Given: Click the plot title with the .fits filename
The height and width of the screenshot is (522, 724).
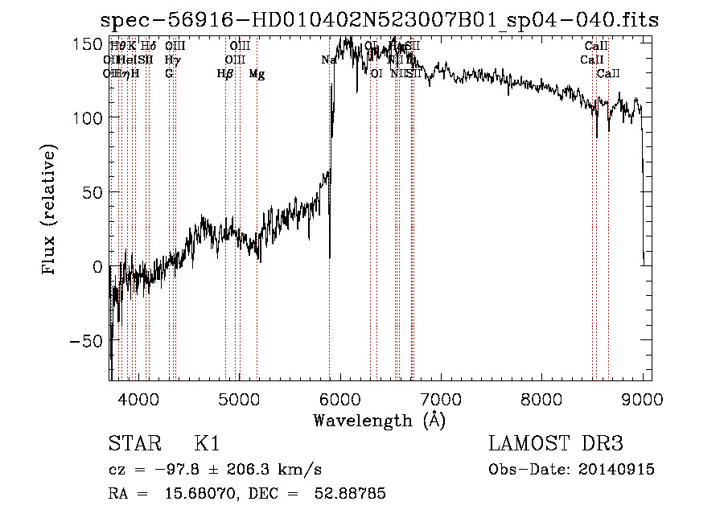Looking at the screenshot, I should [x=379, y=20].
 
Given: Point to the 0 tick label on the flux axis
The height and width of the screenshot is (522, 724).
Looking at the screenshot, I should [x=97, y=266].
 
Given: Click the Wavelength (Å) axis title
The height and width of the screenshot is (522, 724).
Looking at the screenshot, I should [x=379, y=419].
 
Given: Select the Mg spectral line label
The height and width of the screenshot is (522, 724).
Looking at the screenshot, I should [x=257, y=74].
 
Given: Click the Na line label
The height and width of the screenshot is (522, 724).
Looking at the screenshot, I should [x=328, y=60].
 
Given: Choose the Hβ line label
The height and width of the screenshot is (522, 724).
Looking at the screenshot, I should [x=225, y=74].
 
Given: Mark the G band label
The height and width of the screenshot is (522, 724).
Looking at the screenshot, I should [x=169, y=74].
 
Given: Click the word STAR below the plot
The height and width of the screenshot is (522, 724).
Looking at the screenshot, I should [x=133, y=444].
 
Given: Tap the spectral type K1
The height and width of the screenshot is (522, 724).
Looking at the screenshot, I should [x=207, y=444].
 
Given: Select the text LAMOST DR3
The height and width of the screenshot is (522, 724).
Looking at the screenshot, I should [x=555, y=444].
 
